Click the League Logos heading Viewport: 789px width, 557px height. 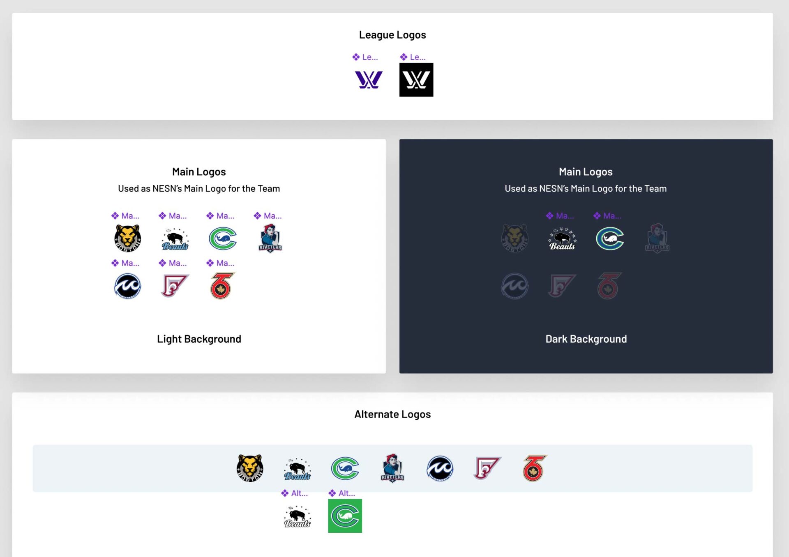tap(392, 35)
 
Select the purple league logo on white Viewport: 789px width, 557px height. tap(368, 80)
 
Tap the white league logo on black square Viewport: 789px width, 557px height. tap(416, 80)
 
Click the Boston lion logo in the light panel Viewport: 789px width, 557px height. tap(127, 238)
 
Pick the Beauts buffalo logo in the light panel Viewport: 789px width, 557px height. tap(175, 239)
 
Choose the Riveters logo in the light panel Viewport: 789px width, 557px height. tap(270, 238)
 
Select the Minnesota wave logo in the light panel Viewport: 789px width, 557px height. tap(127, 286)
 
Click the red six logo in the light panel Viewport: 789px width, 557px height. tap(221, 286)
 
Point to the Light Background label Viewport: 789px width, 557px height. tap(199, 339)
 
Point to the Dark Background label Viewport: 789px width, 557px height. tap(586, 339)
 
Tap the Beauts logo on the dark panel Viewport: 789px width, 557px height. tap(562, 239)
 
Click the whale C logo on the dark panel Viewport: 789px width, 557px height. tap(610, 238)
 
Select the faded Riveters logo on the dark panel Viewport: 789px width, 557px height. tap(657, 238)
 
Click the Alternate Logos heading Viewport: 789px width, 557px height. tap(392, 415)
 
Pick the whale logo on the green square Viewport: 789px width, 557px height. tap(345, 516)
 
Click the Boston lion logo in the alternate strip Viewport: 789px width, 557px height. tap(250, 468)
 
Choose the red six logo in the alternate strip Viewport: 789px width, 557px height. tap(534, 468)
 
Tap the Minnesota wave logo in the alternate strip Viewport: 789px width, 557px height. tap(440, 468)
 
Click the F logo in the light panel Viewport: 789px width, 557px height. tap(175, 286)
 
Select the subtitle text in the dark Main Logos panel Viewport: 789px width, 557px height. tap(586, 189)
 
